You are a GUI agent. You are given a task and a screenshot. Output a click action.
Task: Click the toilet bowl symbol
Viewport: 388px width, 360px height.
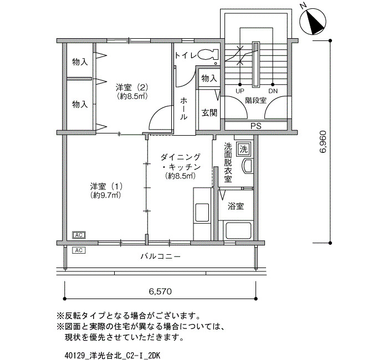(x=208, y=54)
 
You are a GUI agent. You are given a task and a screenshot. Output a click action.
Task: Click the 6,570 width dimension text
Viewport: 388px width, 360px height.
(x=160, y=291)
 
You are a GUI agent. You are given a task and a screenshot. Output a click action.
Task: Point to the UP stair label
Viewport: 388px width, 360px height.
(x=240, y=91)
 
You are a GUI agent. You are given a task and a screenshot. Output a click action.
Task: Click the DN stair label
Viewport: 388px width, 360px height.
(x=273, y=91)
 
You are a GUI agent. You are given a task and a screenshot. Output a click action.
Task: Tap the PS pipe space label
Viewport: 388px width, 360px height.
(x=256, y=126)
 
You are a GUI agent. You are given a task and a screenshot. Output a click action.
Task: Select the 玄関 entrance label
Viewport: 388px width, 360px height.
(x=210, y=113)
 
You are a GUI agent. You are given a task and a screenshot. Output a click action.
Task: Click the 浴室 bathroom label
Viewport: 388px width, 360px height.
(x=236, y=206)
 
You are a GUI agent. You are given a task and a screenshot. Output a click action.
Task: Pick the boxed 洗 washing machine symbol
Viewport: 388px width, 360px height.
(x=244, y=149)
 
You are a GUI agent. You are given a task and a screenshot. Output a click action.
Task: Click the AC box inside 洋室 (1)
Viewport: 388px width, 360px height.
(x=79, y=235)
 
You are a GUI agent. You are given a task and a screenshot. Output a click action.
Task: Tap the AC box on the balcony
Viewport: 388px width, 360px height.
(x=79, y=250)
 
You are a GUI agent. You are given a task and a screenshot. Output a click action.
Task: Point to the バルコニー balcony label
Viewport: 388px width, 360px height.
(x=161, y=256)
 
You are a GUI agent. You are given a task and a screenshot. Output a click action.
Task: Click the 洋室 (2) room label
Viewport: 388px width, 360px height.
(x=132, y=87)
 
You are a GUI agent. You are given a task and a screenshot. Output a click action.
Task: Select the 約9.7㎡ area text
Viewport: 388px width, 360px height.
(x=105, y=196)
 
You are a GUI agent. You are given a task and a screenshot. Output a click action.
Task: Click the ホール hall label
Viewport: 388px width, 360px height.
(x=183, y=109)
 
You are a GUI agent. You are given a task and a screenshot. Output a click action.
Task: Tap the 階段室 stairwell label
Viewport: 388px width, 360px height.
(x=256, y=100)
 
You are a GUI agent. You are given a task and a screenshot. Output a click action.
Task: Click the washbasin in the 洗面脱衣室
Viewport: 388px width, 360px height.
(x=247, y=166)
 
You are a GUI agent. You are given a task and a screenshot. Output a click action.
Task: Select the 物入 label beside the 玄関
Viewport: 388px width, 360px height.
(x=209, y=79)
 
